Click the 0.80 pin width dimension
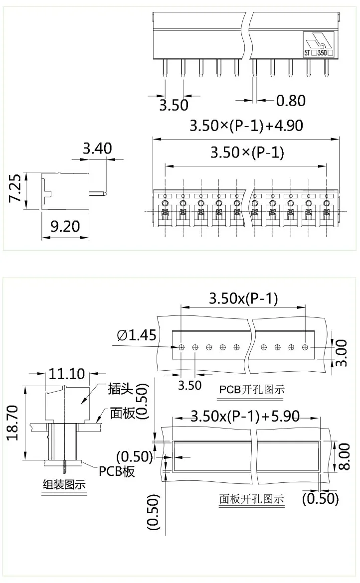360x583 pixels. tap(291, 101)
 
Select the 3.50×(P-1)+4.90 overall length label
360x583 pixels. tap(246, 125)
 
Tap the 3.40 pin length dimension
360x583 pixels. tap(97, 148)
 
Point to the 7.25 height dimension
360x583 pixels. tap(15, 188)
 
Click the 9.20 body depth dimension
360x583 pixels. tap(65, 226)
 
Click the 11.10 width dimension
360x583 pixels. tap(67, 373)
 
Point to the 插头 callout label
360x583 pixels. tap(120, 389)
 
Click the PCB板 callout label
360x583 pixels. tap(117, 471)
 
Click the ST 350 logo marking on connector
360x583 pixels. tap(318, 44)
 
